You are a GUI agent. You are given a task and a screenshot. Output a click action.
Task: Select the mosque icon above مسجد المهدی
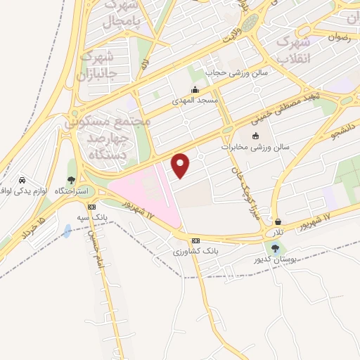pos(195,90)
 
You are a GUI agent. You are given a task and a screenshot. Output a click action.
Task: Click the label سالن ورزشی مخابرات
pos(256,148)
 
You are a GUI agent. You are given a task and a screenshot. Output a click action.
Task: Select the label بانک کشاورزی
pos(195,251)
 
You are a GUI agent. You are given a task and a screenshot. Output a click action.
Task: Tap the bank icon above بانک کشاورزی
pos(195,240)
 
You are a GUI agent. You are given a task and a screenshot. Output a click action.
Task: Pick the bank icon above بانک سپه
pos(91,207)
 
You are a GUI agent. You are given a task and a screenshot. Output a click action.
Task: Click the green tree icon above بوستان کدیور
pos(274,247)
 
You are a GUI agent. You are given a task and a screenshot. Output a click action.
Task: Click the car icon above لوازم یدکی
pos(22,179)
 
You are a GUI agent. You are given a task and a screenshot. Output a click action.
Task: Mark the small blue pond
pos(66,231)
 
